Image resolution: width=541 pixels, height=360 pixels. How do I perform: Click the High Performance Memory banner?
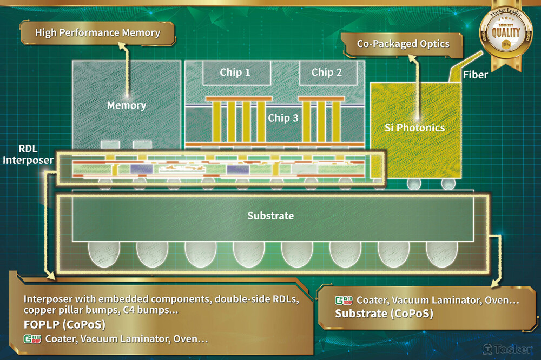coord(97,33)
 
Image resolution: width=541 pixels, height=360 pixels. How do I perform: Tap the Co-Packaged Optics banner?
coord(403,44)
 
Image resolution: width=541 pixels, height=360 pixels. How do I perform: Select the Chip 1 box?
coord(235,72)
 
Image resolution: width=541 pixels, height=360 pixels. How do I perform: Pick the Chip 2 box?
coord(326,72)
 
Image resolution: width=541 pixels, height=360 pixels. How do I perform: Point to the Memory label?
coord(127,105)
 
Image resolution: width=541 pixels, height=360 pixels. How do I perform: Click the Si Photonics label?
coord(415,128)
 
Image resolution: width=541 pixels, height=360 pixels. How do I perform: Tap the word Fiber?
coord(476,75)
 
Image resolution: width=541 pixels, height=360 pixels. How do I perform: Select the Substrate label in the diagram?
coord(270,216)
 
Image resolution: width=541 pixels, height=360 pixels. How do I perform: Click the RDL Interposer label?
coord(27,155)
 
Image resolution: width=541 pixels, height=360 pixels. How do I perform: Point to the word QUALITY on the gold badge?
coord(506,32)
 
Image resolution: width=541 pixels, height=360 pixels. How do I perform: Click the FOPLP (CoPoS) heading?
coord(64,325)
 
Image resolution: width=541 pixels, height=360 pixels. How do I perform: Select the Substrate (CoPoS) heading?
coord(384,314)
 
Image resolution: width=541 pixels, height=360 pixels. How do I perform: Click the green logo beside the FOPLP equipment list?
coord(31,339)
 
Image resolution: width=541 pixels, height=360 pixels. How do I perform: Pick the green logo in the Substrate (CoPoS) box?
coord(343,300)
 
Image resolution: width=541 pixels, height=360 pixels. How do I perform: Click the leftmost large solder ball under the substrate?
coord(104,253)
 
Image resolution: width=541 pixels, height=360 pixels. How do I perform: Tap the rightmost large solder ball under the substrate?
coord(442,253)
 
